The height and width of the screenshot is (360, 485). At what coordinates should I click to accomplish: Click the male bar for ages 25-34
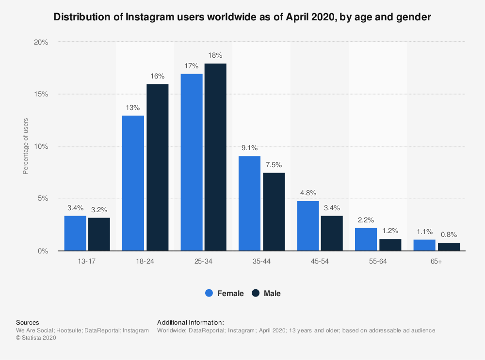point(215,157)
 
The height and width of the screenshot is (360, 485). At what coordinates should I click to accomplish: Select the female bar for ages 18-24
point(133,183)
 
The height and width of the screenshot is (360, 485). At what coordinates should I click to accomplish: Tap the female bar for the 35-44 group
point(249,203)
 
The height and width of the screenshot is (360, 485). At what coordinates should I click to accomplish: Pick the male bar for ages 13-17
point(99,235)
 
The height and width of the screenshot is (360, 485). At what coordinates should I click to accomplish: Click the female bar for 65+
point(424,245)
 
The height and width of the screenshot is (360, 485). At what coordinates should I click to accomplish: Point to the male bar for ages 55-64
point(390,245)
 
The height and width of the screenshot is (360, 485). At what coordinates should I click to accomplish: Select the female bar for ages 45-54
point(308,226)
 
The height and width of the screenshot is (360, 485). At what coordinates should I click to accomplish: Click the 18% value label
point(215,55)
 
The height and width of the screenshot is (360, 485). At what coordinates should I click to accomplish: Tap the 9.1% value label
point(249,148)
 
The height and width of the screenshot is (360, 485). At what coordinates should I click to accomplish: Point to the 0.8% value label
point(449,235)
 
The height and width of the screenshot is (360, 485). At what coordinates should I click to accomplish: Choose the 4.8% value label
point(308,193)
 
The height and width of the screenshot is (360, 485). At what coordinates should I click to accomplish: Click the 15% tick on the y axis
point(41,94)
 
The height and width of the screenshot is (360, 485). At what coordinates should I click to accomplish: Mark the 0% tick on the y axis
point(43,251)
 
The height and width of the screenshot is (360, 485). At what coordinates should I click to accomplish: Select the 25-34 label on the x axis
point(203,262)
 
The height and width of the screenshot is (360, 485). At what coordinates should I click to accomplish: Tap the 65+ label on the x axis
point(436,262)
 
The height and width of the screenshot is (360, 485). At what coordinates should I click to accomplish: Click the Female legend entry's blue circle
point(209,293)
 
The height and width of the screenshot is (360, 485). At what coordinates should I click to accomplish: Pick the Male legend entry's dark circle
point(256,293)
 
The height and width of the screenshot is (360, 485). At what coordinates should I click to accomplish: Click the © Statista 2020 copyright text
point(36,338)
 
